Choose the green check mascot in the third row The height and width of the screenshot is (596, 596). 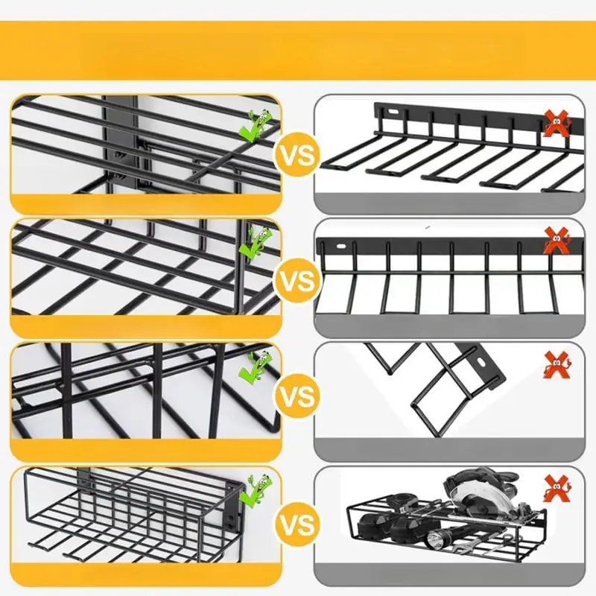[x=257, y=366]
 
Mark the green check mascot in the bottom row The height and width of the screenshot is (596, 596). [x=257, y=488]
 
